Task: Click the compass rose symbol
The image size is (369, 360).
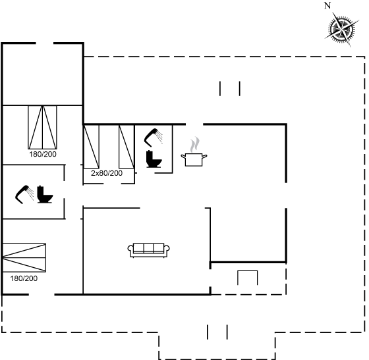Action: pos(342,30)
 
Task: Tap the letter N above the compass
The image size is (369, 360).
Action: pos(327,5)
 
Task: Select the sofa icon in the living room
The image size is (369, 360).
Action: pos(148,250)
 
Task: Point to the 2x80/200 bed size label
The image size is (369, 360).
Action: pos(107,173)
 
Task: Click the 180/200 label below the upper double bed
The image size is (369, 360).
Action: pos(43,154)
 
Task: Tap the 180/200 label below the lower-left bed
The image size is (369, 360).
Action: pos(24,278)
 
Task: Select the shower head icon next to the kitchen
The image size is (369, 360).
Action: pos(153,138)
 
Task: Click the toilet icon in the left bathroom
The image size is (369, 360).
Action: pos(45,194)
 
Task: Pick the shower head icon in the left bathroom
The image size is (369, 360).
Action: pos(24,195)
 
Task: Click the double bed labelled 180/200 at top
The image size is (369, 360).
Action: pos(43,127)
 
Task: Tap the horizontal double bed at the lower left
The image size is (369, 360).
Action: pos(24,258)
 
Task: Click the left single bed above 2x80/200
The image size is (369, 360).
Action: pos(92,147)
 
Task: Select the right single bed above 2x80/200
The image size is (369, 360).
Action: pos(127,147)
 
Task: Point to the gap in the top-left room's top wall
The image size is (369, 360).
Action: pos(45,43)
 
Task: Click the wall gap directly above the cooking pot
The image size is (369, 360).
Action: pos(194,124)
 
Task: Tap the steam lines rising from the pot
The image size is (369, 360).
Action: pos(195,145)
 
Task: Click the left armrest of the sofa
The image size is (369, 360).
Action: pos(130,249)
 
